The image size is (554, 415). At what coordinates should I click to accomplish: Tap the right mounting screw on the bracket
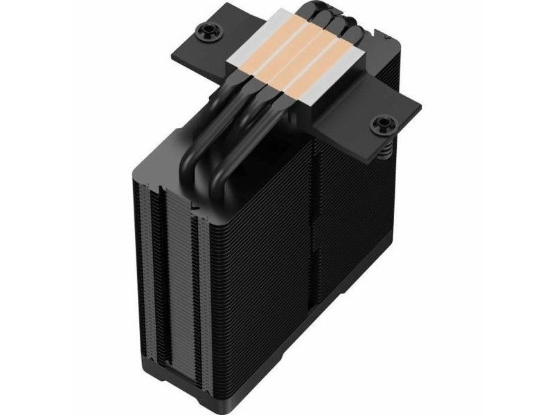(x=382, y=124)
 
